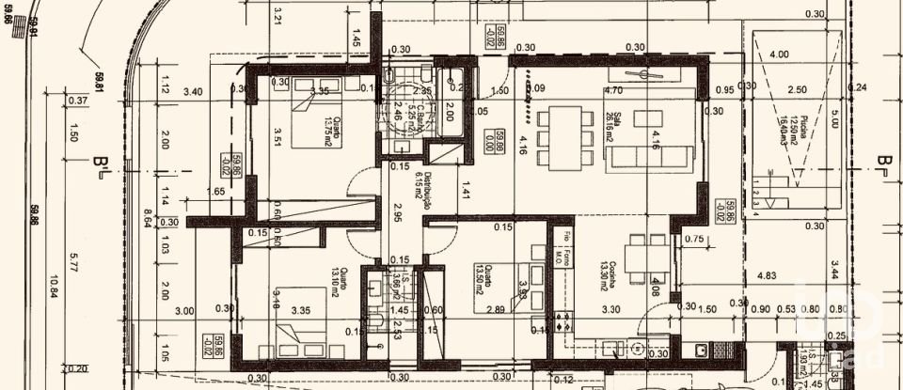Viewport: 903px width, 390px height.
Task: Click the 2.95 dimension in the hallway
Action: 398,212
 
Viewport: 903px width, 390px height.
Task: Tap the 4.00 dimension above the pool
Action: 779,55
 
